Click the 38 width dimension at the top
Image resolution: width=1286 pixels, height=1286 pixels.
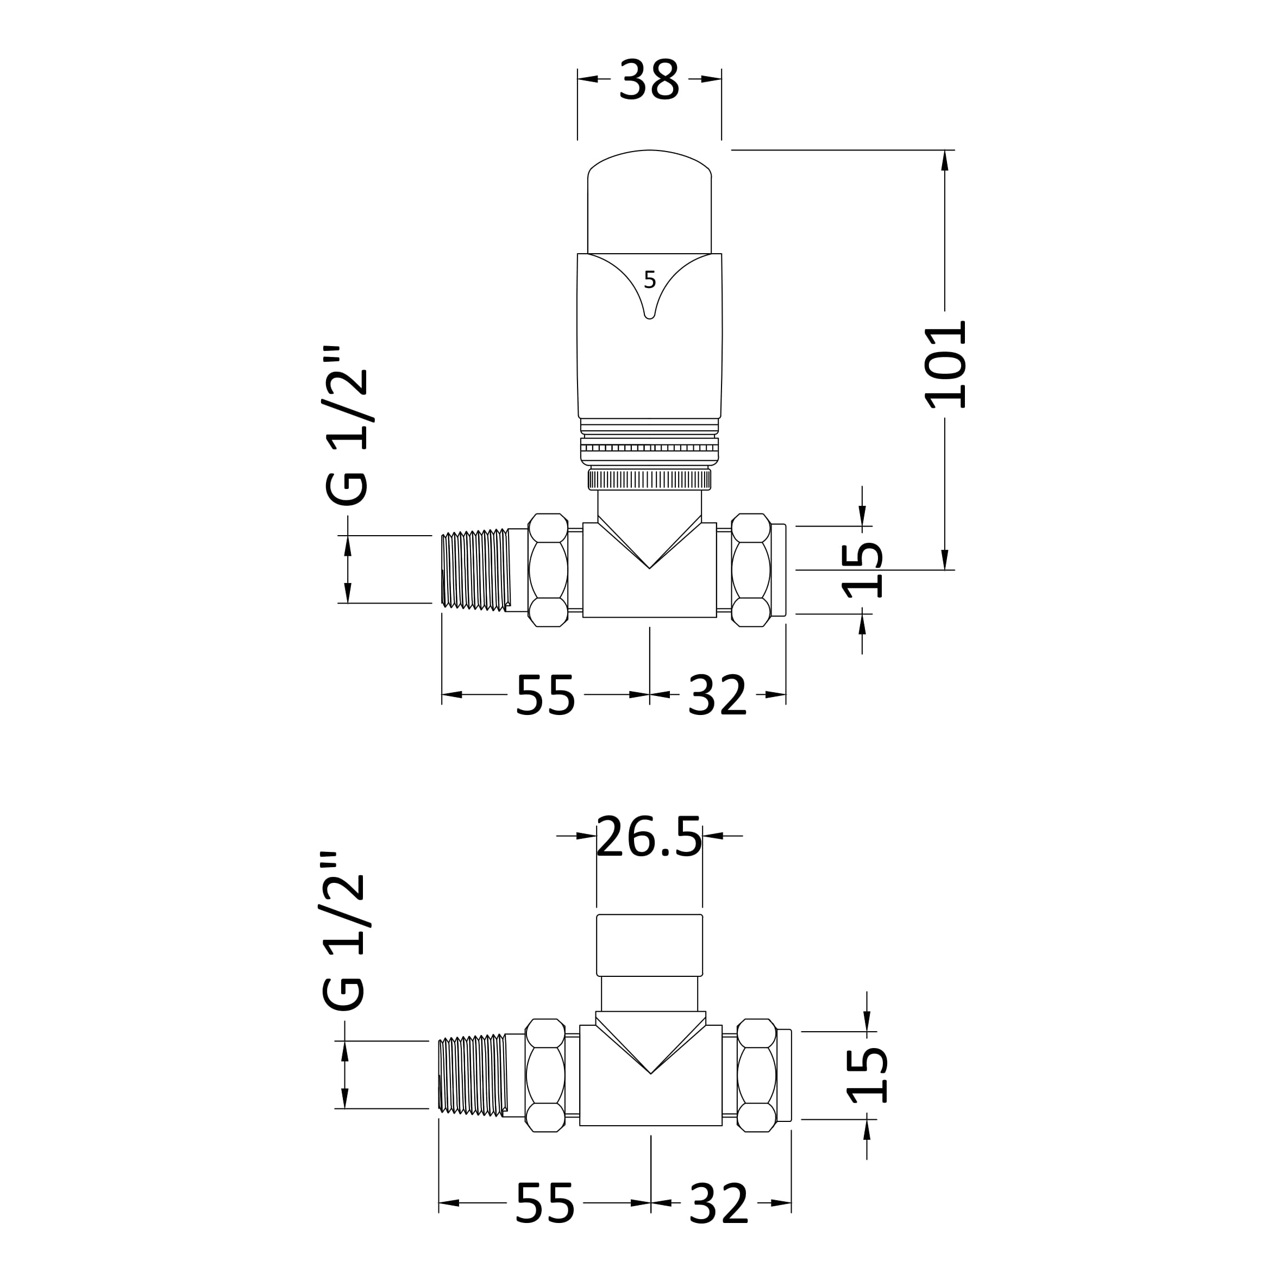[649, 80]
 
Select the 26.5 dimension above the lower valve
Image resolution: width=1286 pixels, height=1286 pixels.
[649, 837]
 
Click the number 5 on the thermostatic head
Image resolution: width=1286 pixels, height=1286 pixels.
[650, 280]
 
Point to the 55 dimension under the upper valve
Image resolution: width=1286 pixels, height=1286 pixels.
[545, 695]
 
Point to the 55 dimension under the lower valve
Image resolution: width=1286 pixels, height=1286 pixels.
[544, 1203]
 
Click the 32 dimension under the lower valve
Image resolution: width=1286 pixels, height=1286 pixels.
[719, 1203]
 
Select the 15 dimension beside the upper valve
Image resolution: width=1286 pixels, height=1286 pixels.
[863, 570]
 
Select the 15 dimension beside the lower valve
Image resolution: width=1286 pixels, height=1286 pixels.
[867, 1076]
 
